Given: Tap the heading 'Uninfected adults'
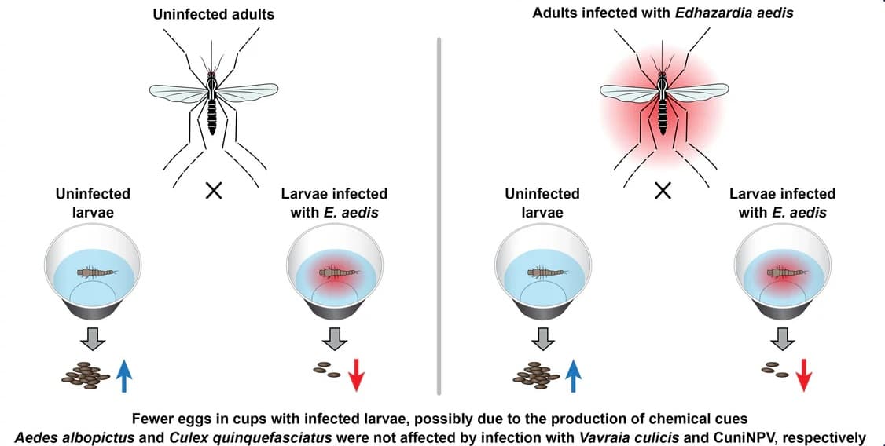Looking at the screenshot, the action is coord(213,14).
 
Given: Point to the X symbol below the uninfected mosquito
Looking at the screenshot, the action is coord(213,192).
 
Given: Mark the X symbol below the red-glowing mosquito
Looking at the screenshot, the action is coord(663,192).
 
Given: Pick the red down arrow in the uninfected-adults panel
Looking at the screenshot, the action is coord(354,374).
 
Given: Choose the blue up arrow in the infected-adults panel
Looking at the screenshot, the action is coord(573,374).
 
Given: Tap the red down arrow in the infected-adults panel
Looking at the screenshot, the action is coord(803,374).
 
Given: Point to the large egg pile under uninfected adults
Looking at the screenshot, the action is coord(86,375).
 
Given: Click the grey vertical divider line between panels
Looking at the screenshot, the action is coord(439,216).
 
